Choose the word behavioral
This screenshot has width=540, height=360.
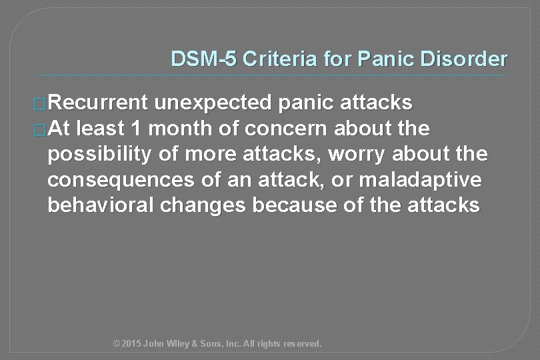point(101,205)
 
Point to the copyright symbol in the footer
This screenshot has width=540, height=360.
point(117,344)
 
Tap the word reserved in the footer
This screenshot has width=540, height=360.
point(302,344)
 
